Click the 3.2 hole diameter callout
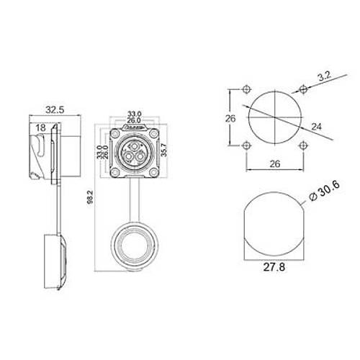point(325,74)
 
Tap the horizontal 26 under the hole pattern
point(274,164)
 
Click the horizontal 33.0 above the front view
point(134,114)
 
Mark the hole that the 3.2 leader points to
point(303,89)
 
